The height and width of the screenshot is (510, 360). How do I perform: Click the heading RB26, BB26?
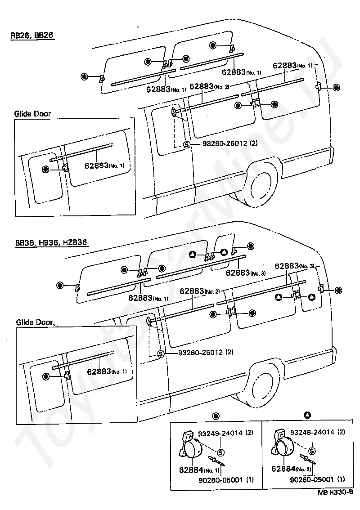click(x=32, y=36)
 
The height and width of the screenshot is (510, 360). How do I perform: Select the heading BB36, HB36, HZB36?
click(x=51, y=242)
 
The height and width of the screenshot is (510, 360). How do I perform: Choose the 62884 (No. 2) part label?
click(x=291, y=469)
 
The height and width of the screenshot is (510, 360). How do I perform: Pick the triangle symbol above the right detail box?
click(x=307, y=415)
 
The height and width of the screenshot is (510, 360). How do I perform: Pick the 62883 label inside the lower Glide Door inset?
click(x=107, y=371)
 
